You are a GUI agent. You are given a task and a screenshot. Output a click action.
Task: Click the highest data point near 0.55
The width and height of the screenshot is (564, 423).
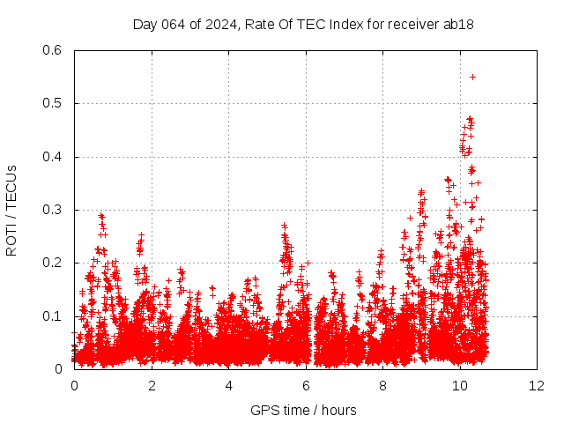pyautogui.click(x=472, y=77)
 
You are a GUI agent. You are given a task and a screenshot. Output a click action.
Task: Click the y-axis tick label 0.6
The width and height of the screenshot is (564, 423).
pyautogui.click(x=52, y=50)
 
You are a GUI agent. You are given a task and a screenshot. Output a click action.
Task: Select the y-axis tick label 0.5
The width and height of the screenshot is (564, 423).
pyautogui.click(x=52, y=103)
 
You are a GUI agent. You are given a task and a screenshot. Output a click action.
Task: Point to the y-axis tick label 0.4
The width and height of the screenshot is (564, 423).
pyautogui.click(x=52, y=157)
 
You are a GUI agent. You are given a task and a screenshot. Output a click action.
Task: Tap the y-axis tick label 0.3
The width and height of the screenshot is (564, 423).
pyautogui.click(x=52, y=210)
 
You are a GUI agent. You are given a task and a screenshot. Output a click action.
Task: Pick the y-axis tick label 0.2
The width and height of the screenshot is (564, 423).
pyautogui.click(x=52, y=263)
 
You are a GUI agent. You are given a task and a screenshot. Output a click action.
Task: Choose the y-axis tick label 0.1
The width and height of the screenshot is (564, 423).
pyautogui.click(x=52, y=315)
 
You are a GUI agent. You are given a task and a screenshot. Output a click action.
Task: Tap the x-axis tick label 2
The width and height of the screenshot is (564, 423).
pyautogui.click(x=152, y=386)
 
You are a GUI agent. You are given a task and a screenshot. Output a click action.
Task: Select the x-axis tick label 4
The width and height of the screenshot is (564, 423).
pyautogui.click(x=229, y=386)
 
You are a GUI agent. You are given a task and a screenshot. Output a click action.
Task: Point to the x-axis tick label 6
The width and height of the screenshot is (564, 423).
pyautogui.click(x=306, y=386)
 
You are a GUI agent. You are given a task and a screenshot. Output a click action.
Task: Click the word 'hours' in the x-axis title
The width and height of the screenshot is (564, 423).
pyautogui.click(x=339, y=410)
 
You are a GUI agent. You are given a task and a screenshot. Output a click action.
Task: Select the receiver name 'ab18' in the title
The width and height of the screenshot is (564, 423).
pyautogui.click(x=460, y=25)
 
